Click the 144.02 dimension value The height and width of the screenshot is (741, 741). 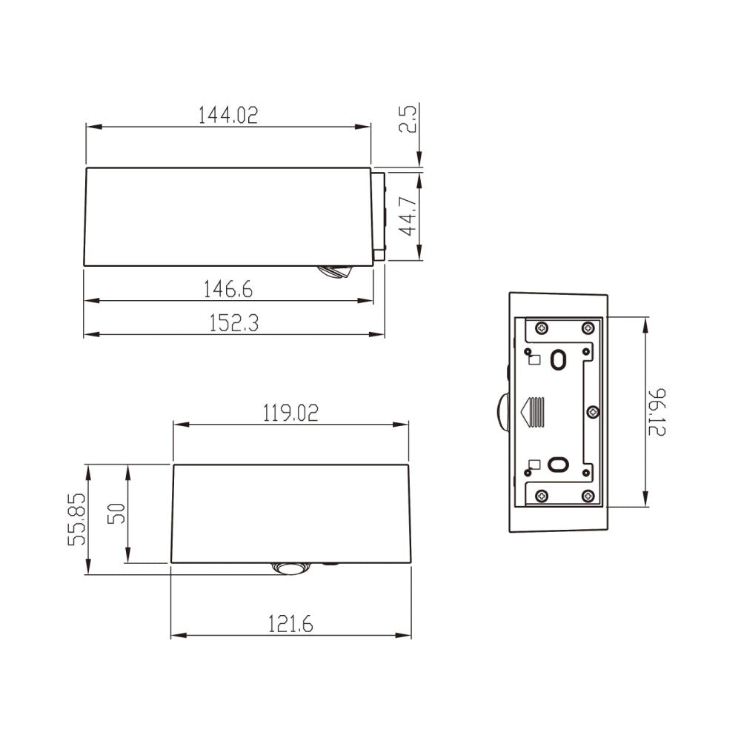[x=228, y=116]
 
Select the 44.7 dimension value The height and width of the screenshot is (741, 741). [x=408, y=216]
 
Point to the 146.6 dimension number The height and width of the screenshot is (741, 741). [x=229, y=289]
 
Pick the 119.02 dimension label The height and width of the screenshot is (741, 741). [x=290, y=413]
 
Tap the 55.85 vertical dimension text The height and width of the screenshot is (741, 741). [x=78, y=519]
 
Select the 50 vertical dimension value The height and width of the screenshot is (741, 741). [x=116, y=514]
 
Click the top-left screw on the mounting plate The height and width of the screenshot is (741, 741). [x=542, y=328]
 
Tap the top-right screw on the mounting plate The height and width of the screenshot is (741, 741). [x=588, y=328]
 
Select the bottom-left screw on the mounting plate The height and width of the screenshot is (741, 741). [x=542, y=496]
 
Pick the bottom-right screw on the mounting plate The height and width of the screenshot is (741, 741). [x=588, y=496]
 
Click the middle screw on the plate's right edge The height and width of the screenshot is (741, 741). [x=592, y=411]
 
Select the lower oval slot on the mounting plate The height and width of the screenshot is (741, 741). [x=556, y=465]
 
